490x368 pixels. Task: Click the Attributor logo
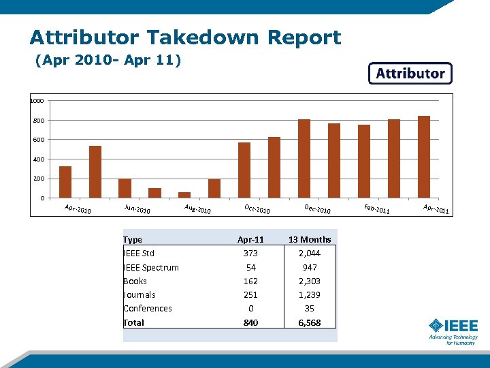pyautogui.click(x=410, y=74)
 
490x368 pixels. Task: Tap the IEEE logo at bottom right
pyautogui.click(x=453, y=331)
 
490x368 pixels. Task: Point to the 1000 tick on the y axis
pyautogui.click(x=37, y=101)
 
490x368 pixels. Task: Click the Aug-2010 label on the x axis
pyautogui.click(x=197, y=209)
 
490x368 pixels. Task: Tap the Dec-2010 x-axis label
pyautogui.click(x=317, y=209)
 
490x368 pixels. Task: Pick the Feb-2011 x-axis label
pyautogui.click(x=376, y=209)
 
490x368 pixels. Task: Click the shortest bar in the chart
pyautogui.click(x=184, y=194)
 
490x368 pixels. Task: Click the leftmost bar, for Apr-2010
pyautogui.click(x=65, y=182)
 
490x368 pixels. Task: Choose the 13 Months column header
pyautogui.click(x=310, y=239)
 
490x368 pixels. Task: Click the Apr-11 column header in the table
pyautogui.click(x=250, y=239)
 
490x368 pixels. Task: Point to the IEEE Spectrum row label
pyautogui.click(x=151, y=267)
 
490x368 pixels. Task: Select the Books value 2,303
pyautogui.click(x=310, y=281)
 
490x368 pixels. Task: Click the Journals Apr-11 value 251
pyautogui.click(x=250, y=294)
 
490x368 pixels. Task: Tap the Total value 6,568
pyautogui.click(x=310, y=322)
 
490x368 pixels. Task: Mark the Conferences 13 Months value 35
pyautogui.click(x=310, y=308)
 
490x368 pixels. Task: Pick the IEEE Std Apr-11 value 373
pyautogui.click(x=250, y=253)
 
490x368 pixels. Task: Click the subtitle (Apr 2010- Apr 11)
pyautogui.click(x=108, y=61)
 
